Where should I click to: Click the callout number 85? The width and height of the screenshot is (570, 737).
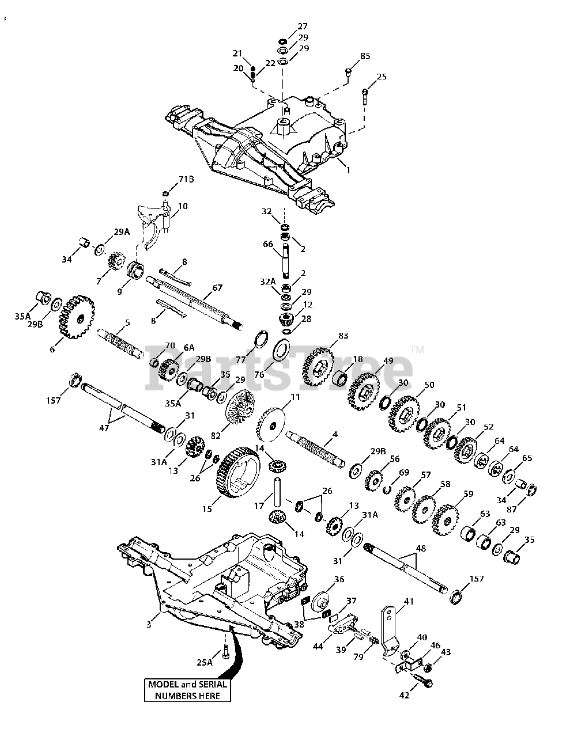[365, 56]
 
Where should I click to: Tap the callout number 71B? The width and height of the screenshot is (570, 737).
[186, 180]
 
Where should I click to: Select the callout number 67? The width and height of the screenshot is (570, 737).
[217, 288]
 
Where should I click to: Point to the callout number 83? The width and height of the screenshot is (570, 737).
[343, 335]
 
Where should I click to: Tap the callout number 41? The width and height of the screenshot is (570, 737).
[408, 601]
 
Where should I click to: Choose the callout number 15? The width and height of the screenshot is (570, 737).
[207, 509]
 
